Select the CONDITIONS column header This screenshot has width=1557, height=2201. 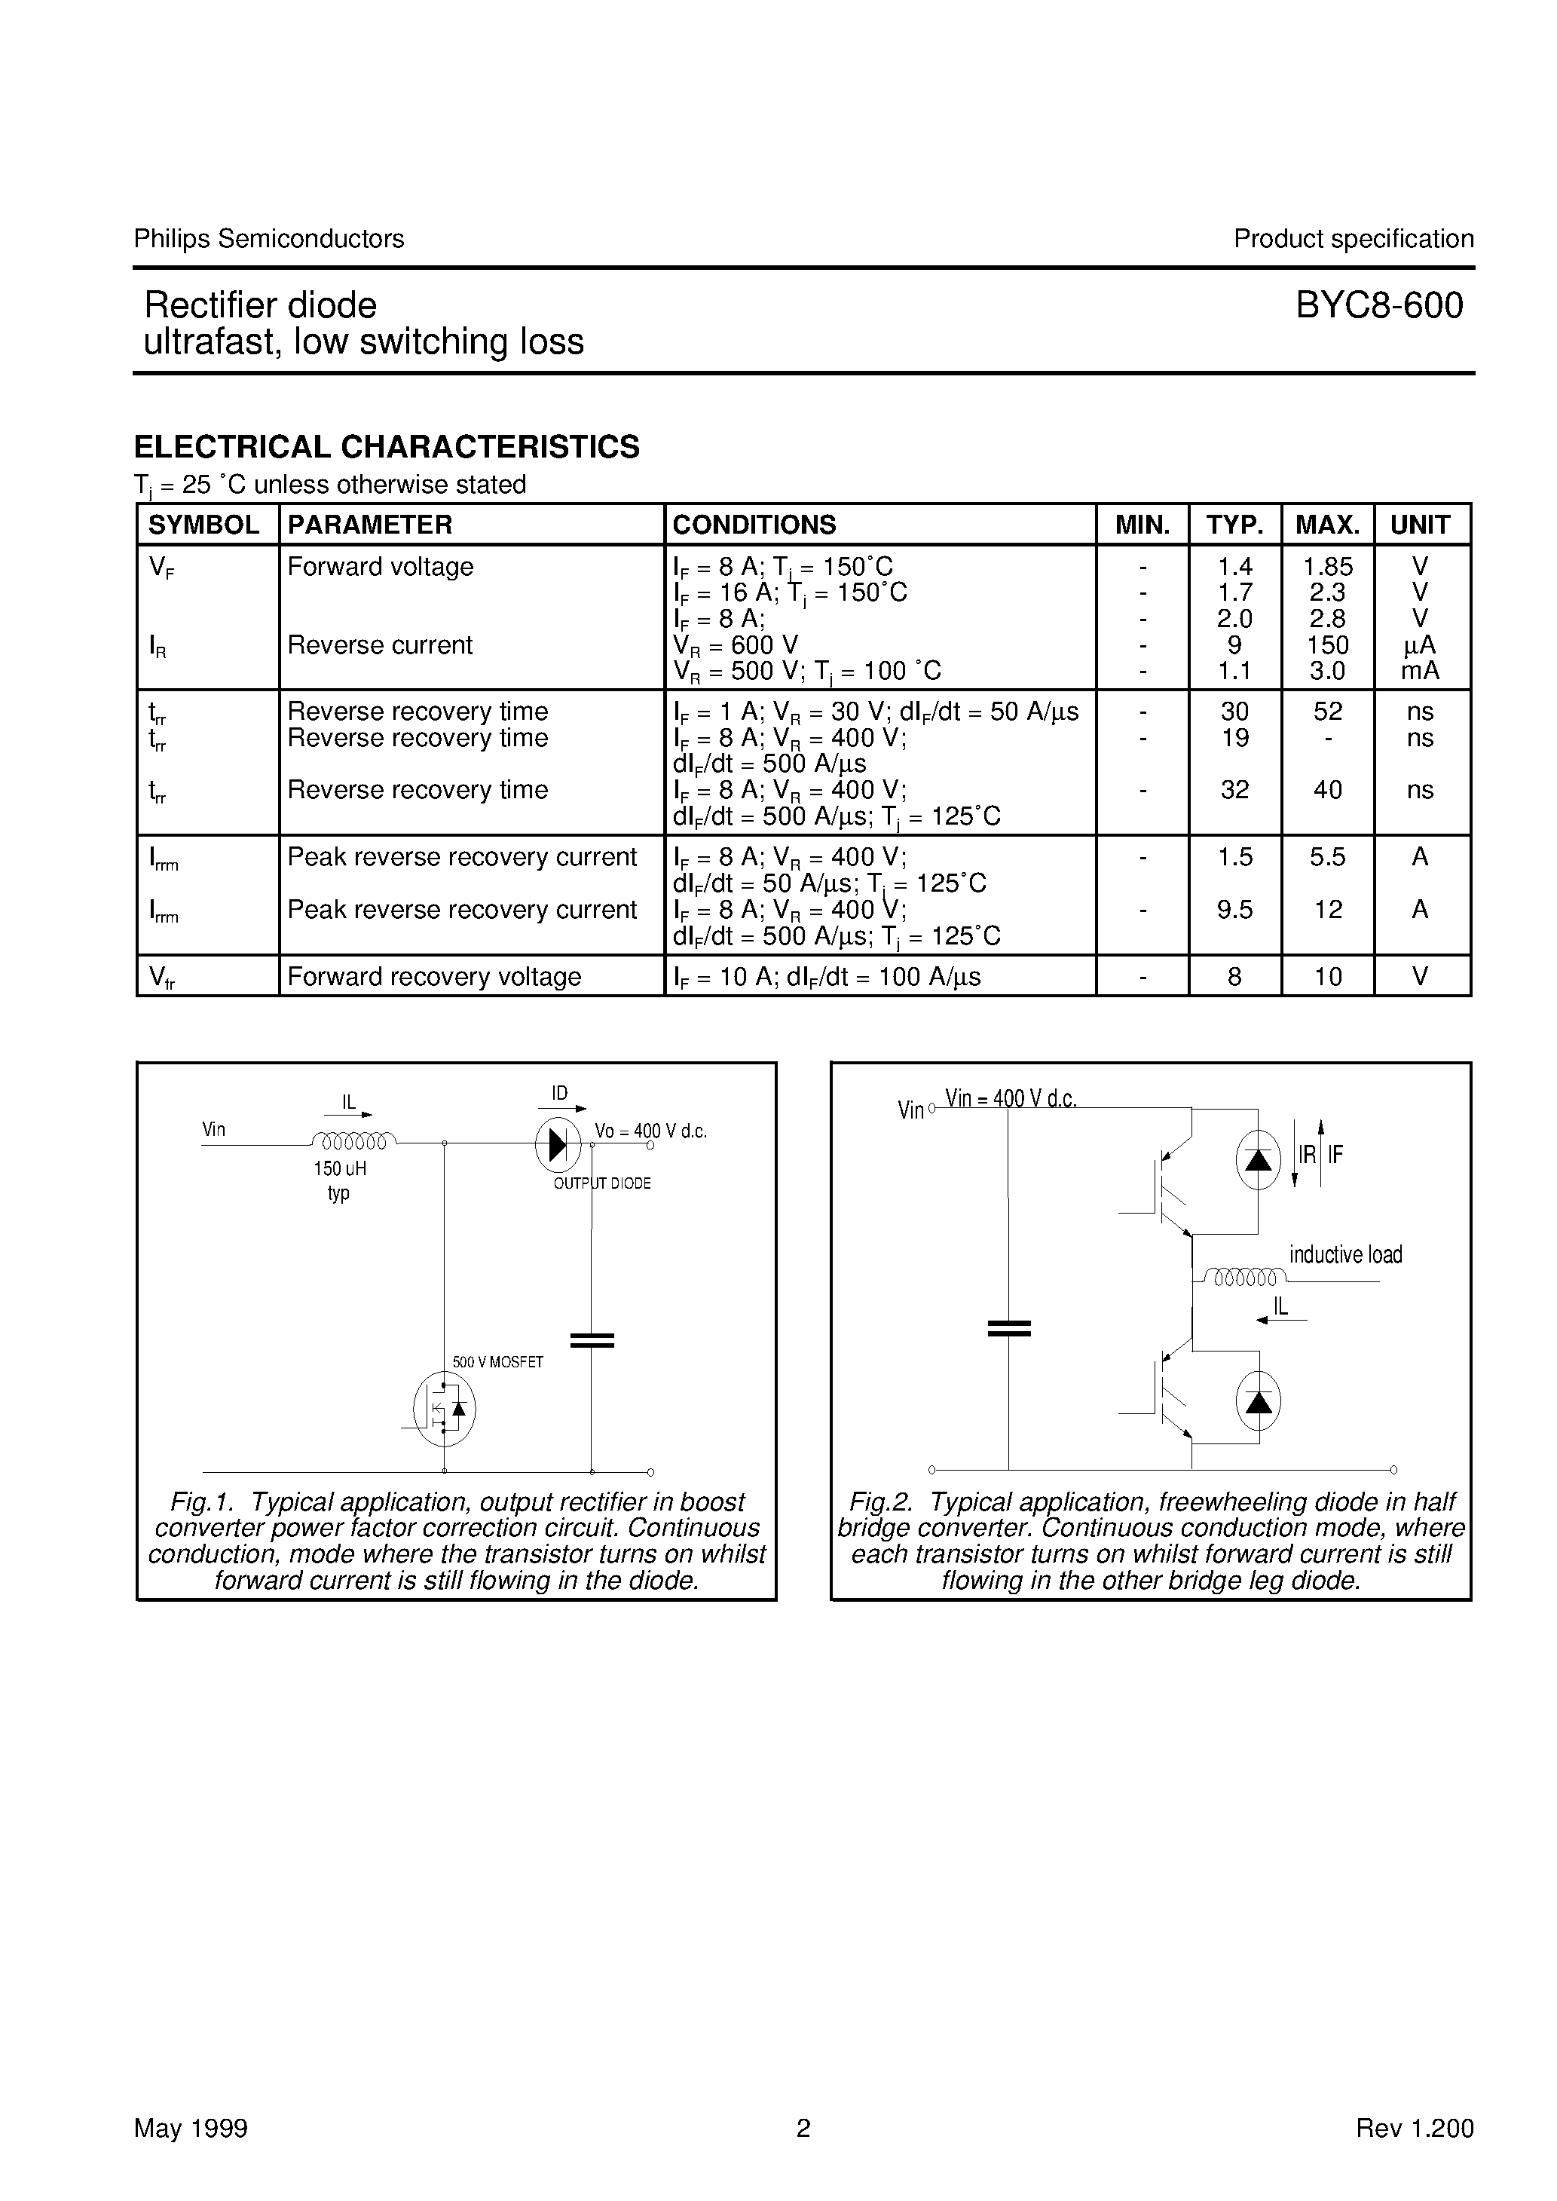pos(754,525)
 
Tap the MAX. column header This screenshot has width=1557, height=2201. pos(1327,525)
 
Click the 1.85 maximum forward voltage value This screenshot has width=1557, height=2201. pos(1327,567)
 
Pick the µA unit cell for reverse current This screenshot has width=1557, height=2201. pos(1419,645)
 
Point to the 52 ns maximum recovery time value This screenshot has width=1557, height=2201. pos(1327,712)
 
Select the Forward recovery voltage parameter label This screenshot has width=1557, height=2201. pos(433,976)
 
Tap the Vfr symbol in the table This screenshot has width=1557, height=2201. pos(161,977)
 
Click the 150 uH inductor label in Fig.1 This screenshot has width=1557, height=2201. pos(339,1168)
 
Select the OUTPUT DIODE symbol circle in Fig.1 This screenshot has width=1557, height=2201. pos(558,1143)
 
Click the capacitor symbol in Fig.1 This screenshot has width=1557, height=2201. pos(592,1340)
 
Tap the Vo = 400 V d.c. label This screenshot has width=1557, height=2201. pos(650,1131)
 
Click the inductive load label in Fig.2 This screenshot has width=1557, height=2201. pos(1344,1254)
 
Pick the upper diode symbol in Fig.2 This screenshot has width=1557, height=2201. pos(1257,1160)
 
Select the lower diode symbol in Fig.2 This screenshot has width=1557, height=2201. pos(1257,1401)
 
